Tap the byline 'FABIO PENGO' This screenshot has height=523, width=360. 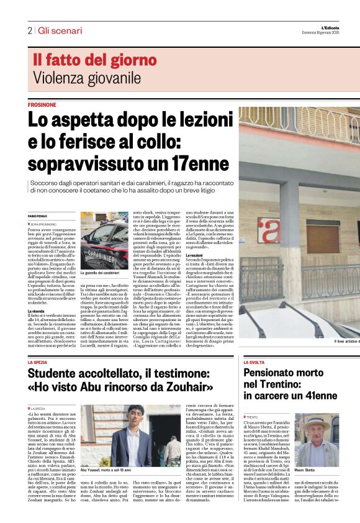click(38, 215)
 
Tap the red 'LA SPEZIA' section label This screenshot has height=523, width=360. click(38, 362)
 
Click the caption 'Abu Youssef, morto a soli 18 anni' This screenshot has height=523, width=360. click(109, 471)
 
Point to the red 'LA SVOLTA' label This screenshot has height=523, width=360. click(256, 362)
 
